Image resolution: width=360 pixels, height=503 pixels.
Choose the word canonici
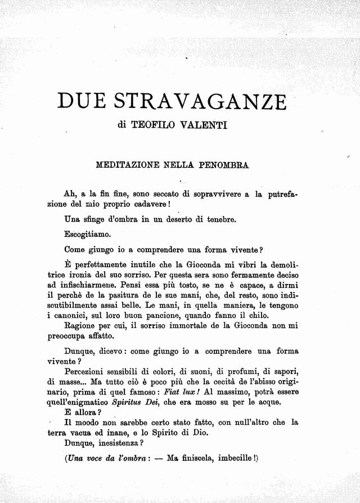click(73, 315)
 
